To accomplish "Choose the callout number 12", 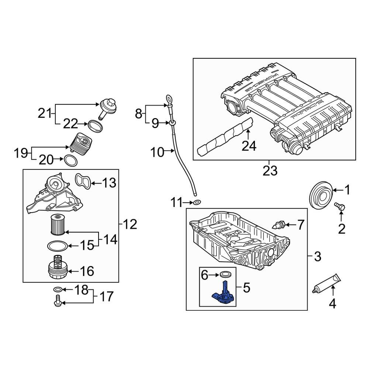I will click(130, 224).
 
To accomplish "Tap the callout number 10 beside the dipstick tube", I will click(157, 152).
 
